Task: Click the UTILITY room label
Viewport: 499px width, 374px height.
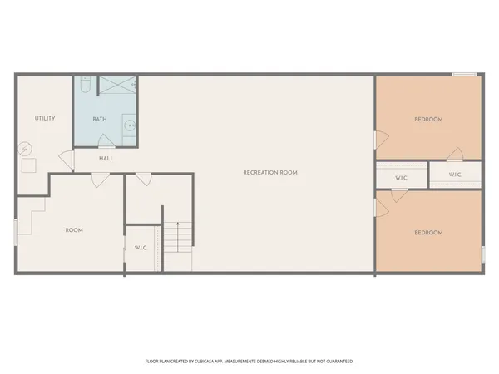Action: pyautogui.click(x=45, y=118)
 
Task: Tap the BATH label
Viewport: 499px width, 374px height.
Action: pyautogui.click(x=100, y=119)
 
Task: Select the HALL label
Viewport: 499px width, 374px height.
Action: pyautogui.click(x=106, y=158)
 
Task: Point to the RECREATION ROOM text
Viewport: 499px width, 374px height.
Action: pyautogui.click(x=269, y=172)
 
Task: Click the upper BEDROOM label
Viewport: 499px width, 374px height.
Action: pyautogui.click(x=428, y=119)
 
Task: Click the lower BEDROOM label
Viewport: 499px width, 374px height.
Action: pyautogui.click(x=428, y=232)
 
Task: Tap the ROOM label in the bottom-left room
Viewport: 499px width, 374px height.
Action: pyautogui.click(x=74, y=229)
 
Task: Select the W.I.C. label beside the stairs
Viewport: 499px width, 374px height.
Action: pyautogui.click(x=141, y=248)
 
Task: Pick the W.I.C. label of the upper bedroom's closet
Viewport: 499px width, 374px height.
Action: pyautogui.click(x=456, y=175)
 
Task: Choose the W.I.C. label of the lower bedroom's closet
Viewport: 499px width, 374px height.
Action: pyautogui.click(x=401, y=177)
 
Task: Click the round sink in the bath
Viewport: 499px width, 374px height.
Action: pyautogui.click(x=129, y=126)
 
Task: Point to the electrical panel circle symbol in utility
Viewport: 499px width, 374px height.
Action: pyautogui.click(x=25, y=149)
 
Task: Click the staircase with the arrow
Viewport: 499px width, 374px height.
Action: pyautogui.click(x=176, y=248)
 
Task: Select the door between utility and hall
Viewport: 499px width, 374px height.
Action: pyautogui.click(x=66, y=158)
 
